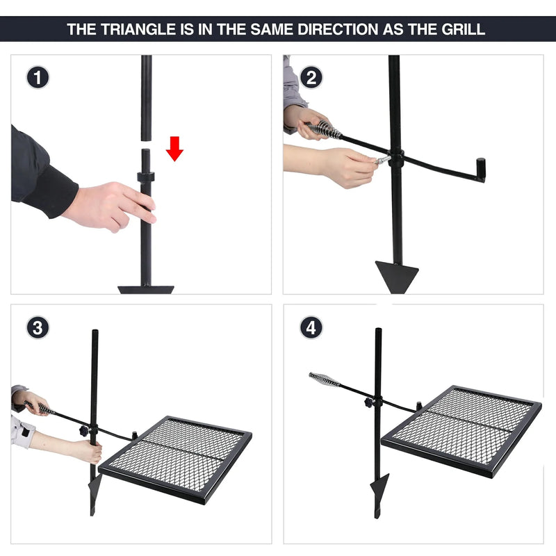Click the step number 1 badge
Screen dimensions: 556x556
click(38, 77)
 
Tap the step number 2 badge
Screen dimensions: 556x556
click(311, 77)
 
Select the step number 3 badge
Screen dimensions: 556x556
click(38, 327)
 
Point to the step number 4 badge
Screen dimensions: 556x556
click(311, 327)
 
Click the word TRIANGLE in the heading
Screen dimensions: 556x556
click(132, 30)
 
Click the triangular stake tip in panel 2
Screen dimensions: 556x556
click(396, 272)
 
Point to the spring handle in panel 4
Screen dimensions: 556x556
click(324, 379)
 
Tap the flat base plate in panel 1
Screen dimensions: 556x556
click(145, 288)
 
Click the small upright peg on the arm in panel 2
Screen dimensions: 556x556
click(480, 168)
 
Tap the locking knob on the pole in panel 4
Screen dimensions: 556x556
click(368, 404)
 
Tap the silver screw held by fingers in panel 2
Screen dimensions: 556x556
click(382, 161)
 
